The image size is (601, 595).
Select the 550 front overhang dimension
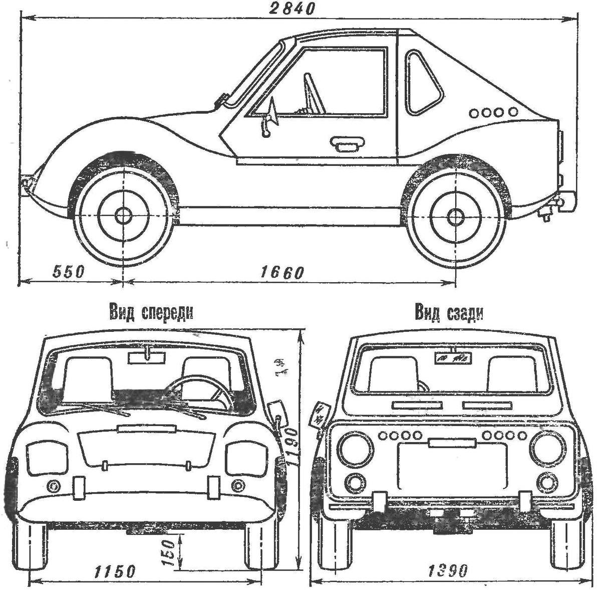(x=68, y=272)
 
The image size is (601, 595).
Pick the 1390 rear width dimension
(x=448, y=570)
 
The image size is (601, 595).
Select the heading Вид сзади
(x=449, y=313)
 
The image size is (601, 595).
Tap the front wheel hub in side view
(x=122, y=216)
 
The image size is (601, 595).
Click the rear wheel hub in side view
(x=455, y=217)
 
